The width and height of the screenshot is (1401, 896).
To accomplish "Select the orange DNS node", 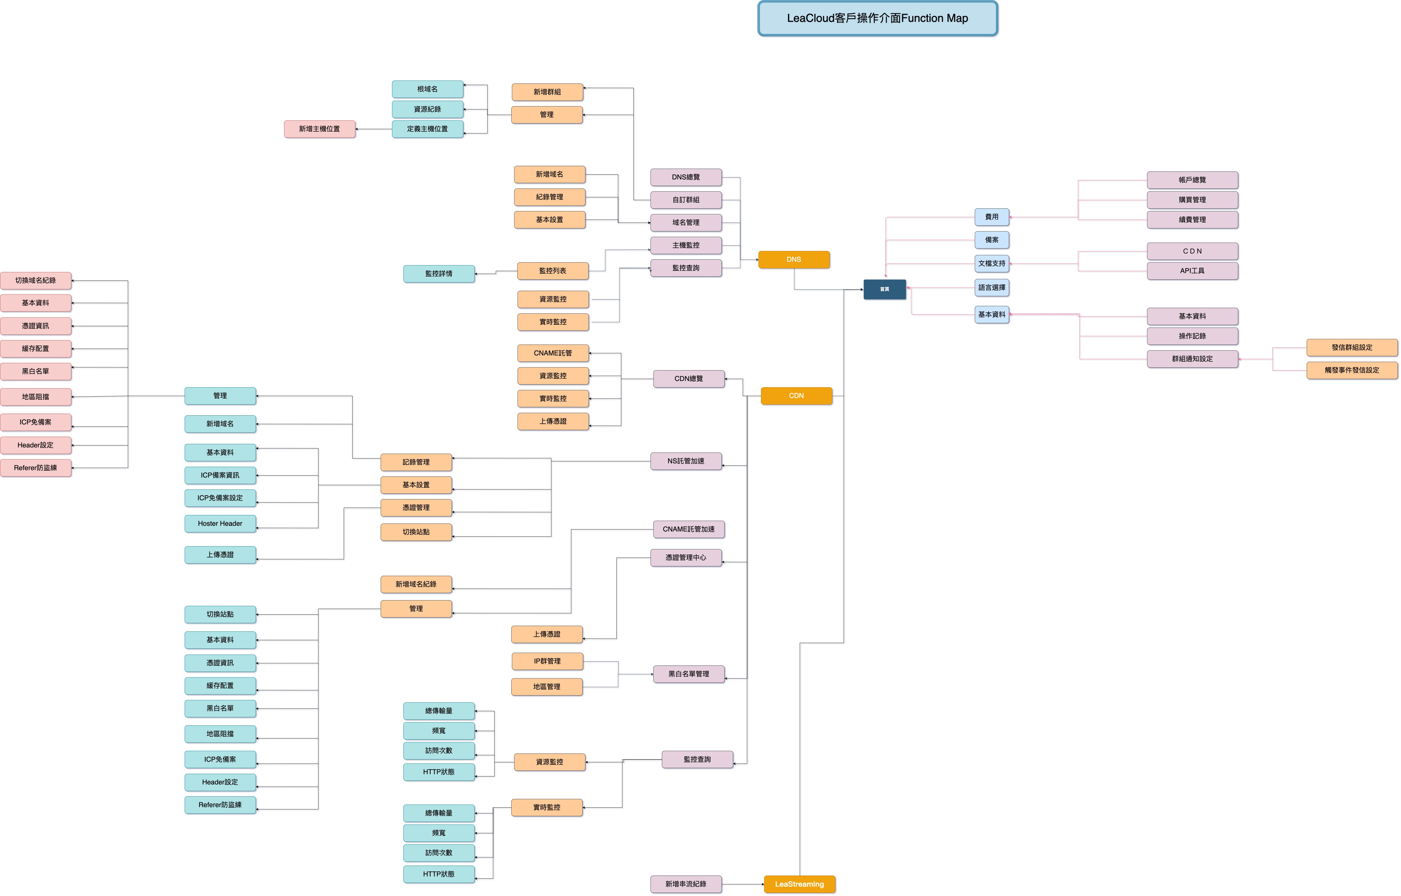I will [793, 259].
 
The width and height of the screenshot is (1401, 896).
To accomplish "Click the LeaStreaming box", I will [799, 884].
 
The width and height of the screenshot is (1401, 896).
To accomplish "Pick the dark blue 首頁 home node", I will [884, 289].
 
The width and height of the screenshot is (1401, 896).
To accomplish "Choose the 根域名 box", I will [427, 89].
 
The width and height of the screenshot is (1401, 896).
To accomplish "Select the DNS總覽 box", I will [686, 177].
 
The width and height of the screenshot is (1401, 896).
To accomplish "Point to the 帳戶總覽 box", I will [1192, 180].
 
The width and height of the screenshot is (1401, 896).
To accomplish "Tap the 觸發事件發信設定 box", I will [1352, 370].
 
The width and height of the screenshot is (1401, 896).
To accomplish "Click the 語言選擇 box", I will [991, 287].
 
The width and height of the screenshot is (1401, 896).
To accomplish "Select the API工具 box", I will [1192, 271].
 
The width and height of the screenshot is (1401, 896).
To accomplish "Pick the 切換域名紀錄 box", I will [36, 280].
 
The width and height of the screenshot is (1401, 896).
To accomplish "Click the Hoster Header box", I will [220, 524].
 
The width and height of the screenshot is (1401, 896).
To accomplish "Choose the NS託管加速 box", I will [686, 461].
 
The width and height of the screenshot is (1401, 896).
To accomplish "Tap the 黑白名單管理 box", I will [689, 674].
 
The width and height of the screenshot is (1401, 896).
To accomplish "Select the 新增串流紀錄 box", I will [686, 884].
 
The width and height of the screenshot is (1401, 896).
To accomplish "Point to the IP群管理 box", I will [547, 661].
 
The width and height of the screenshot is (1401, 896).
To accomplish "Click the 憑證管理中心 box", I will [686, 557].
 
